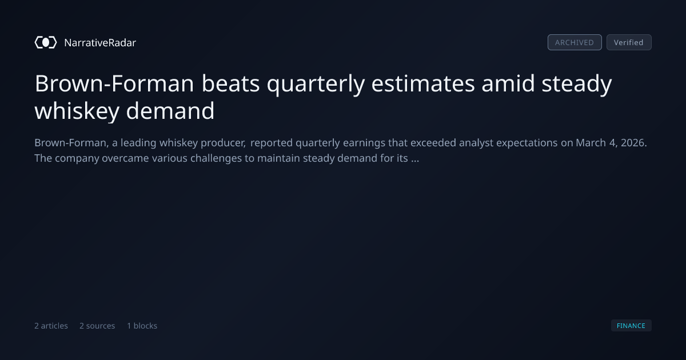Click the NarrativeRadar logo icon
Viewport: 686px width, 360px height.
pos(46,42)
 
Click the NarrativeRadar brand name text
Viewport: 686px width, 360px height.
pos(100,42)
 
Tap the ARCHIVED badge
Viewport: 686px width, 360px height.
pos(575,42)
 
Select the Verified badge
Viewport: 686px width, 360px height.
pos(629,42)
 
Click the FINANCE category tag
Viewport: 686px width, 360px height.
pos(631,325)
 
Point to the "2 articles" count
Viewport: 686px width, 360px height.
pos(51,326)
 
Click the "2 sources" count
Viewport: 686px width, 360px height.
pos(97,326)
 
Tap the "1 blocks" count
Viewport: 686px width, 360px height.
pos(142,326)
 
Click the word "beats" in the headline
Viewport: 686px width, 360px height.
pos(230,83)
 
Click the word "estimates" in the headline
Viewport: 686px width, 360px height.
pos(423,84)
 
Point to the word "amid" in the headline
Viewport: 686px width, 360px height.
pos(508,83)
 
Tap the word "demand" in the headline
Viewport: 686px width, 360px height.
pos(170,110)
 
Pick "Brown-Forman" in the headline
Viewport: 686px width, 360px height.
pos(114,83)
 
